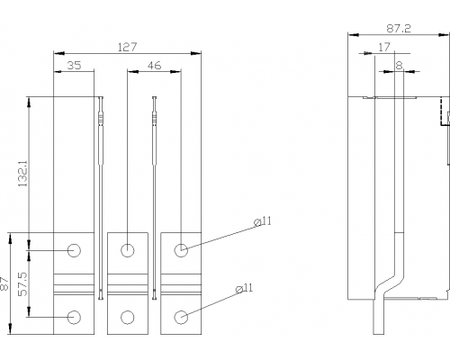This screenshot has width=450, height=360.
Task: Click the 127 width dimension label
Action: point(127,47)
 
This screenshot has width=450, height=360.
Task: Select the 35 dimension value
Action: point(74,65)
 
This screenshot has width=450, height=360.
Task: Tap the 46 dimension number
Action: point(154,65)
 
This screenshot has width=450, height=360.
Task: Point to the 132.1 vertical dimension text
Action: point(22,173)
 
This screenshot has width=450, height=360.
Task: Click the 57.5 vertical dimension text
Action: point(22,283)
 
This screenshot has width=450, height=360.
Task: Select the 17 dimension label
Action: point(384,47)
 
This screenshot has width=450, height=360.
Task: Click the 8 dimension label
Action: point(399,66)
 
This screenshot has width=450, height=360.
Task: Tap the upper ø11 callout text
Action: point(263,221)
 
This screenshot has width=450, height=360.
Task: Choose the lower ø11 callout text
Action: point(244,288)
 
